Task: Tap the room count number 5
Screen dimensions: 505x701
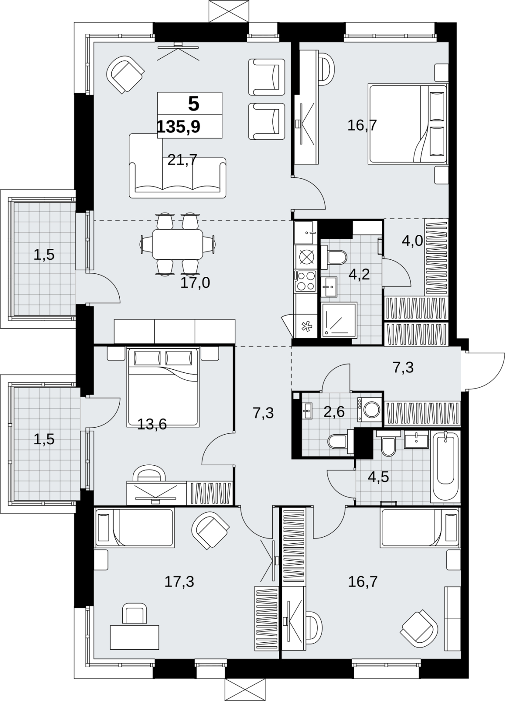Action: [193, 104]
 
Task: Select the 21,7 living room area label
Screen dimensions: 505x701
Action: [182, 160]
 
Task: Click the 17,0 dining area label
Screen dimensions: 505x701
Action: [195, 283]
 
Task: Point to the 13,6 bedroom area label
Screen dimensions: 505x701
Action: [152, 425]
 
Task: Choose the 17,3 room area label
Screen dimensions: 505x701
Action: [179, 581]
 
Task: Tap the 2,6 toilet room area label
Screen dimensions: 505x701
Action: [334, 412]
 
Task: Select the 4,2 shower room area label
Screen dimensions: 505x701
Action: [359, 274]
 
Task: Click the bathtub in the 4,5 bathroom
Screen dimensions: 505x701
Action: [445, 467]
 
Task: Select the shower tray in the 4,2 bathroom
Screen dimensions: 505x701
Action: [339, 320]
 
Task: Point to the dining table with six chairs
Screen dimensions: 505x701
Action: [178, 244]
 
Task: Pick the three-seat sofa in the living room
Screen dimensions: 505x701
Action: [178, 177]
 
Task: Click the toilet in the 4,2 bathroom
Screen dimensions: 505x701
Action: [334, 257]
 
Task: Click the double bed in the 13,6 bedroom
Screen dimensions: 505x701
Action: [163, 387]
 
